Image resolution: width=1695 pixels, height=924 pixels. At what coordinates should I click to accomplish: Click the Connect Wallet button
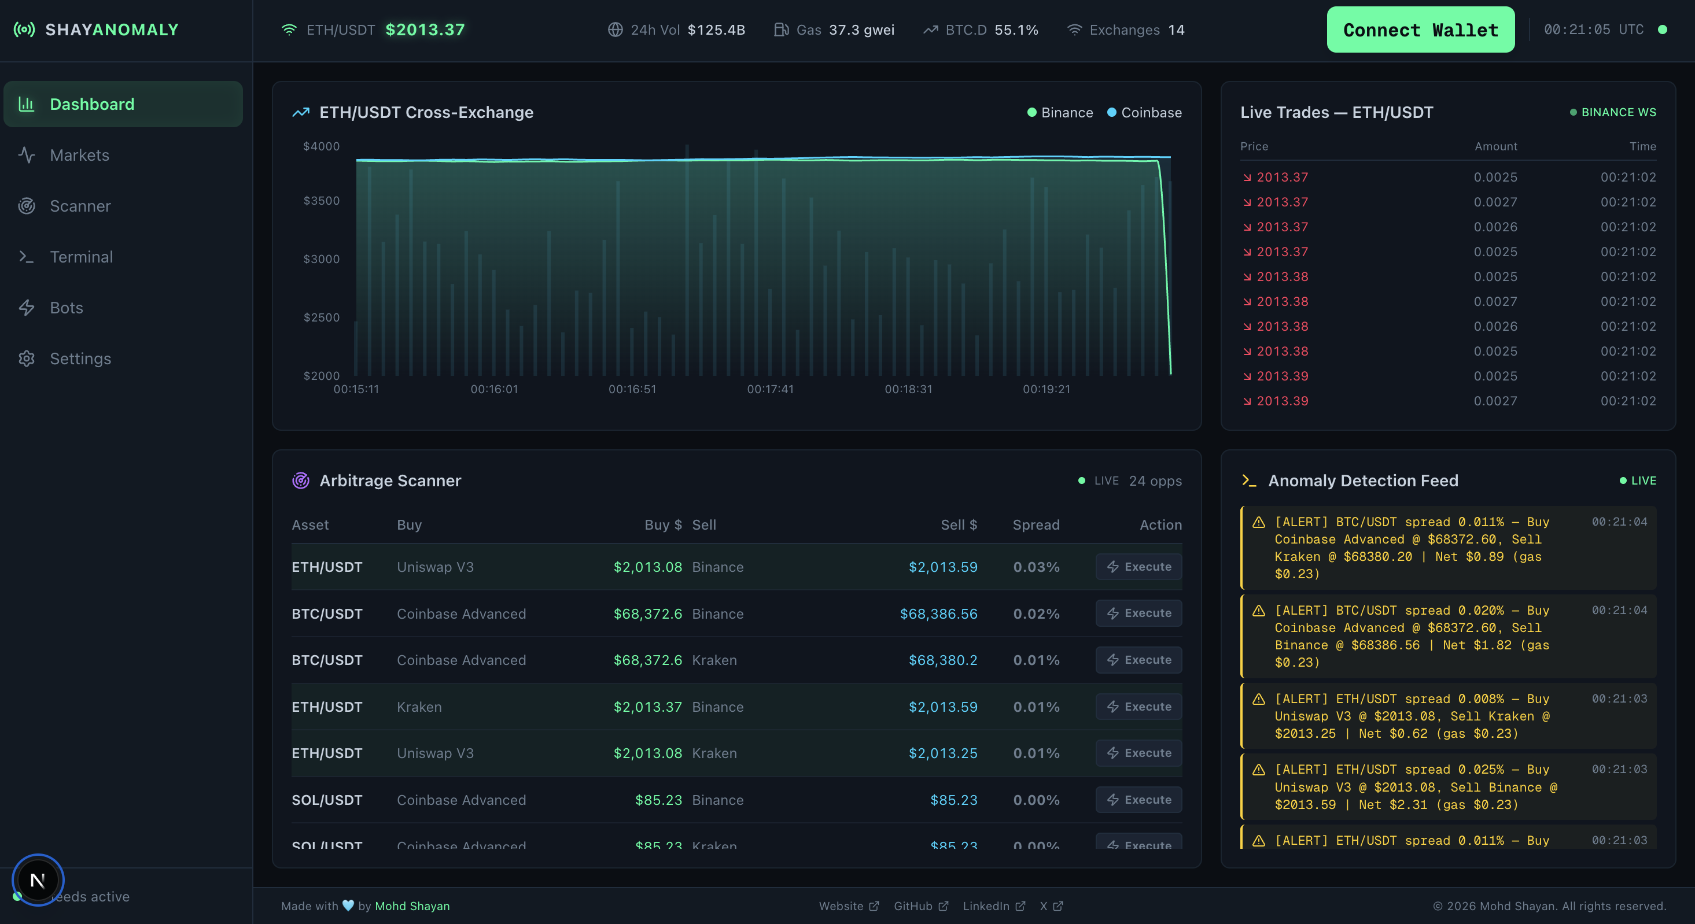1420,29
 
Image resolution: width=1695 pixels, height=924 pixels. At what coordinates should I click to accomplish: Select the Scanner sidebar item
80,206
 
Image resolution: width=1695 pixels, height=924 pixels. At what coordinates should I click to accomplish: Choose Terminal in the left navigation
82,257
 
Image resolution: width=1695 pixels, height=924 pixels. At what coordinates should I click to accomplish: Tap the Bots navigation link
67,308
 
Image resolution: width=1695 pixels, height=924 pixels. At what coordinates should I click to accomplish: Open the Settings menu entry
80,358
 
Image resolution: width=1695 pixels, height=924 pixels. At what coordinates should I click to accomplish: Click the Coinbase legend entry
1150,112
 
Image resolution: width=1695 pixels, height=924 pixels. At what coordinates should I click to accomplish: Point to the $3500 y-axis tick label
321,201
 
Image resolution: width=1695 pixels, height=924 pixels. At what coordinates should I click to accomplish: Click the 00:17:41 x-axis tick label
770,389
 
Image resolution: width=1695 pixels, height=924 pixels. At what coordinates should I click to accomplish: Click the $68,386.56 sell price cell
938,613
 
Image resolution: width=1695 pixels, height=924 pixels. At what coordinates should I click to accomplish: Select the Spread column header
1036,525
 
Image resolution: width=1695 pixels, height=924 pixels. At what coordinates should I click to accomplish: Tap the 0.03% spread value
1036,567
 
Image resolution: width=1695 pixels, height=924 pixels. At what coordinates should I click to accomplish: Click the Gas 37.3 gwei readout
834,29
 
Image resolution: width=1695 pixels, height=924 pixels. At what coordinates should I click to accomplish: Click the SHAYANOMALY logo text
112,29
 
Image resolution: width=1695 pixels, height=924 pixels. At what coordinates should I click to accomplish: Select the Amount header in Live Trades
1495,146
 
